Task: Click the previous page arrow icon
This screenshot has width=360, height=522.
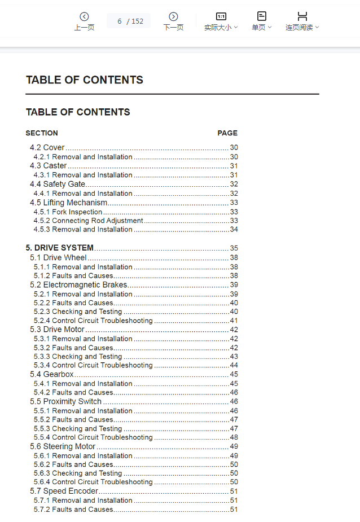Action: click(x=84, y=17)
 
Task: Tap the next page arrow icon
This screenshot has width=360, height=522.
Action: click(x=173, y=17)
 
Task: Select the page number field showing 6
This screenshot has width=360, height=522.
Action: click(x=120, y=21)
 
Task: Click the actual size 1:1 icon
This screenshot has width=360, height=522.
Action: click(x=221, y=16)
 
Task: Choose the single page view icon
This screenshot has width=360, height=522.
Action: click(x=261, y=16)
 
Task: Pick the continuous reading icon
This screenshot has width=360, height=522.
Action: click(x=302, y=16)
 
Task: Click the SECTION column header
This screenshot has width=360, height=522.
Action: click(x=42, y=133)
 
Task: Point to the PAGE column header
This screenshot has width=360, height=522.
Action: click(x=227, y=133)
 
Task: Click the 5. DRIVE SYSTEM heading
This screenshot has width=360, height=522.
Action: click(x=60, y=248)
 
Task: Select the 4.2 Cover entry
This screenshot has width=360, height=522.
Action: click(x=47, y=148)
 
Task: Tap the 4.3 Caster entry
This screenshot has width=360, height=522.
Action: click(x=49, y=166)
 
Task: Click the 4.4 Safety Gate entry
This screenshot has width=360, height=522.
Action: click(x=58, y=184)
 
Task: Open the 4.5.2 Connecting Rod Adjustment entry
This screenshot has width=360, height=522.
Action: click(x=88, y=221)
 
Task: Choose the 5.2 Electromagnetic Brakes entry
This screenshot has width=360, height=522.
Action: click(x=78, y=285)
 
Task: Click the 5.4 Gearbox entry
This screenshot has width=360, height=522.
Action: click(x=52, y=374)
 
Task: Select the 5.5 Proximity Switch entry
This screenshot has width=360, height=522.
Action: click(x=65, y=402)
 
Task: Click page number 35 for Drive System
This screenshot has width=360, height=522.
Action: click(x=234, y=248)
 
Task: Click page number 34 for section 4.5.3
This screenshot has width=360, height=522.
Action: click(x=234, y=230)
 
